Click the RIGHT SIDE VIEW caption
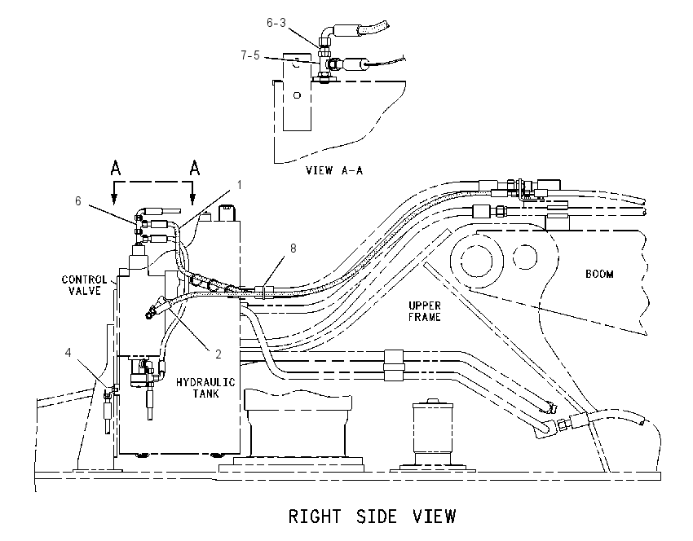(x=372, y=517)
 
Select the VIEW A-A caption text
(x=334, y=170)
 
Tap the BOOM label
(x=599, y=274)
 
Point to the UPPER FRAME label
(x=424, y=311)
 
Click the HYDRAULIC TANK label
(x=205, y=387)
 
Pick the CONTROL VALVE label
(x=84, y=285)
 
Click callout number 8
(x=293, y=249)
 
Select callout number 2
(x=218, y=354)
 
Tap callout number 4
(x=68, y=353)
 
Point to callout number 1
(x=240, y=185)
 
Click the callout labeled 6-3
(x=276, y=23)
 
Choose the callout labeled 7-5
(x=249, y=55)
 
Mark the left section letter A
(x=115, y=168)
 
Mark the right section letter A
(x=195, y=168)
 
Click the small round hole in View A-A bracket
(x=297, y=95)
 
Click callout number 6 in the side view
(x=77, y=201)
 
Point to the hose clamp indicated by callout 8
(x=264, y=292)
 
